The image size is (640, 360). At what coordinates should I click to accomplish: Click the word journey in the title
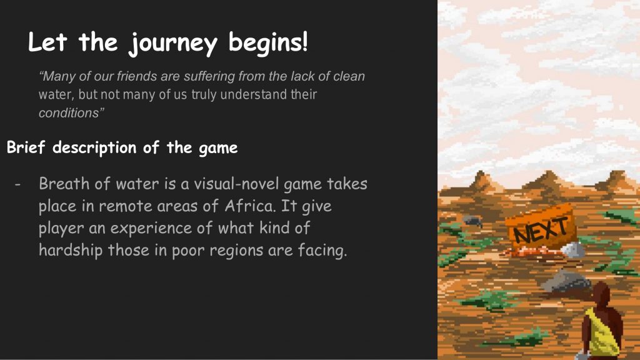point(172,44)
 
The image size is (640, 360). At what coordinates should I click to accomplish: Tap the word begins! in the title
point(267,42)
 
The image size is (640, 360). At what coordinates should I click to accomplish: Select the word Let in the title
point(47,42)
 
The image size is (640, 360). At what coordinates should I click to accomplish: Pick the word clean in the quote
point(349,76)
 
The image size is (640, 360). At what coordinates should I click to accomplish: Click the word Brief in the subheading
point(26,147)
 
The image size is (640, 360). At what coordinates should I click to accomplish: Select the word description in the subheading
point(94,148)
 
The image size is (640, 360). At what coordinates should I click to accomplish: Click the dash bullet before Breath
point(17,184)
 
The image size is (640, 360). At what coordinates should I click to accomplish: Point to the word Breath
point(64,184)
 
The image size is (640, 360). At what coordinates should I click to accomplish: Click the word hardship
point(71,250)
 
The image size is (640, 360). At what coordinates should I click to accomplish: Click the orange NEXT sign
point(541,227)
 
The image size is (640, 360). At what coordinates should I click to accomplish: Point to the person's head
point(601,294)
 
